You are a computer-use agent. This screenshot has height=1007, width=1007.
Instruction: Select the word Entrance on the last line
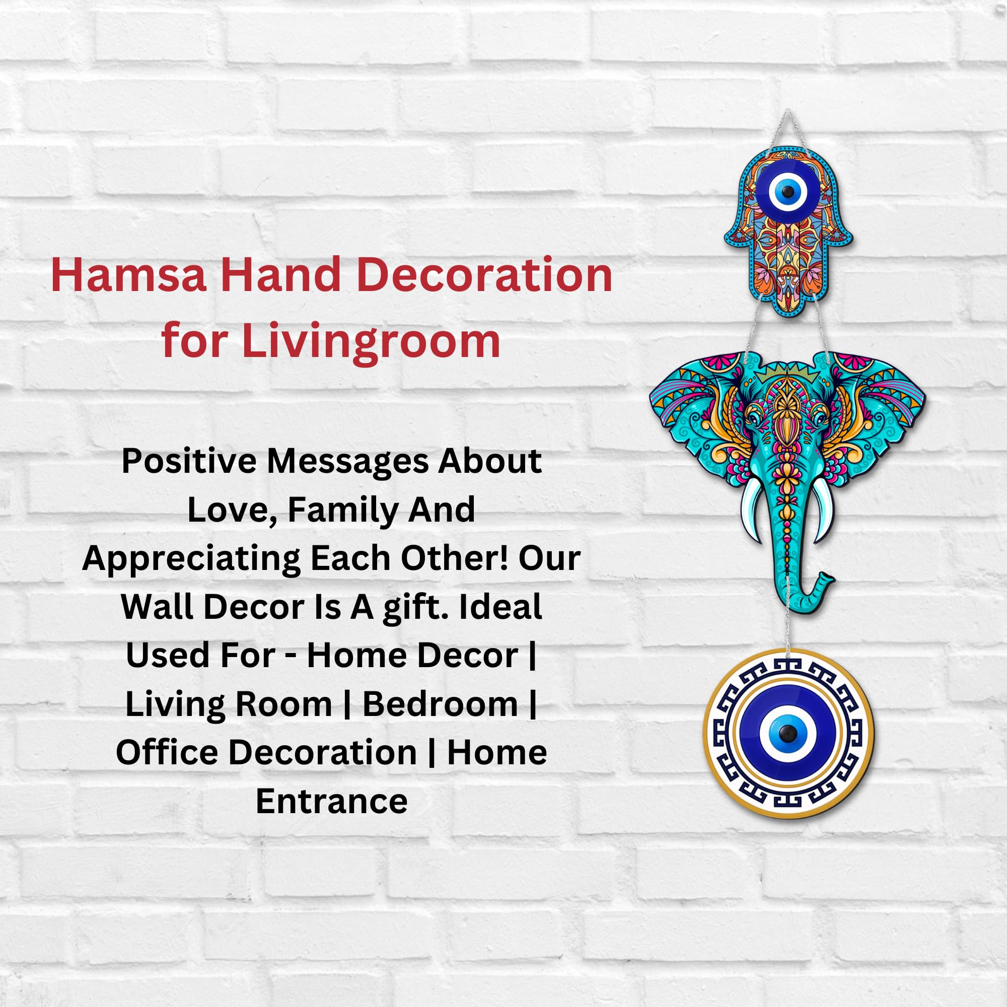point(332,801)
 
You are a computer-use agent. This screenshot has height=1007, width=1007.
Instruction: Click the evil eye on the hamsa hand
point(787,193)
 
